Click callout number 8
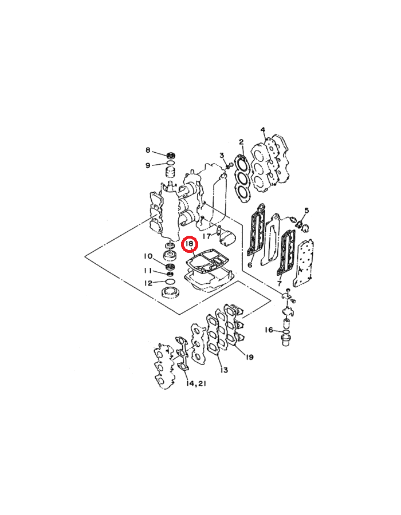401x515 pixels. point(148,150)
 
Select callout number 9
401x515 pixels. point(148,165)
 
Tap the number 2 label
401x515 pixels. point(241,142)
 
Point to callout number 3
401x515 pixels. point(222,155)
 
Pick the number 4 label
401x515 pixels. point(263,130)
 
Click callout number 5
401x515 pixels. point(306,210)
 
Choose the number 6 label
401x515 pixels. point(250,264)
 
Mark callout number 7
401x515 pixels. point(280,283)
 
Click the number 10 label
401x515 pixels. point(148,256)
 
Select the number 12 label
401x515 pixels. point(148,283)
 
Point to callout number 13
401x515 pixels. point(224,370)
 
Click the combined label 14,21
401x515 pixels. point(196,383)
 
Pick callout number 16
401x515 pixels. point(269,330)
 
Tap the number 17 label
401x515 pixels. point(207,236)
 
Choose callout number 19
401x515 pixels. point(249,356)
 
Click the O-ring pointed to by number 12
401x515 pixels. point(170,282)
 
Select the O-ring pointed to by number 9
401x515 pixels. point(170,163)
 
